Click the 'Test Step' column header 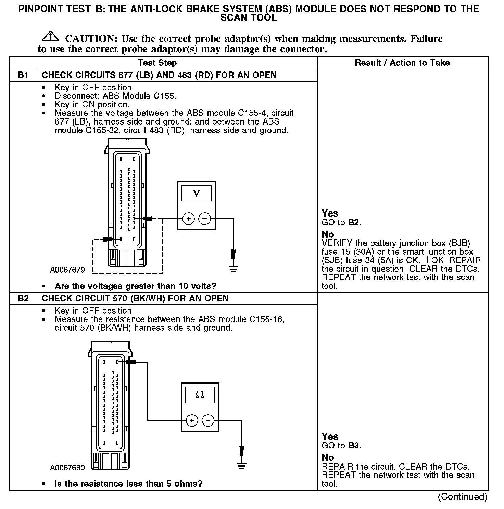[157, 63]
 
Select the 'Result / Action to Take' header [402, 63]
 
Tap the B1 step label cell [23, 75]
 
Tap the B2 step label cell [23, 299]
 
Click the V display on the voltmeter [196, 193]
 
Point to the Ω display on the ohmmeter [200, 395]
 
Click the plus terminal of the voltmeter [188, 219]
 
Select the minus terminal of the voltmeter [205, 219]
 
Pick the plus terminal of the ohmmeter [192, 420]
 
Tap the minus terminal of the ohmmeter [208, 420]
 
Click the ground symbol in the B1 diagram [234, 269]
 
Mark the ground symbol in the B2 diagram [242, 466]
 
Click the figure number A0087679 [67, 270]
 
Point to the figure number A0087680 [67, 468]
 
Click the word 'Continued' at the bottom [462, 497]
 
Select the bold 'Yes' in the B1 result [330, 213]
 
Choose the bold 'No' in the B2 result [328, 457]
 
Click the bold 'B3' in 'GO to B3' [354, 446]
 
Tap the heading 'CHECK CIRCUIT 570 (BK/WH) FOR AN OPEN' [135, 299]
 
